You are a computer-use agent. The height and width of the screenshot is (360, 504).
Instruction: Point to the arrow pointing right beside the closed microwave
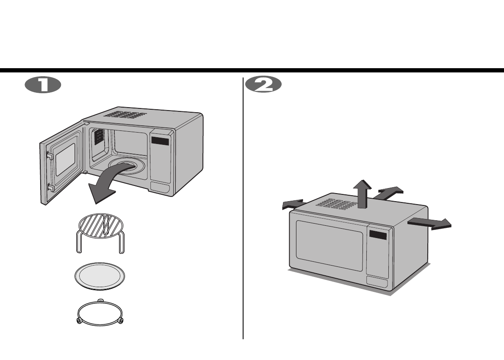tap(430, 223)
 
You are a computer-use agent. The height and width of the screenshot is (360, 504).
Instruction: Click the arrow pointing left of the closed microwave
tap(293, 205)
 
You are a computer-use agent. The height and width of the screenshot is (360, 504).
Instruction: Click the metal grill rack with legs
tap(101, 233)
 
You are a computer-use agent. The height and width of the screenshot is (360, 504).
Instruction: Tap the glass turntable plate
tap(101, 277)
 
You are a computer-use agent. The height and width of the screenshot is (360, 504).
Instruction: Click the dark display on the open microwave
tap(161, 141)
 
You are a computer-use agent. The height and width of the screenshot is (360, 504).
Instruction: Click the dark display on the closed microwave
tap(378, 235)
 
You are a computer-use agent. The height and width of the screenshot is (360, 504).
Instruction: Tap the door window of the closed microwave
tap(330, 246)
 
